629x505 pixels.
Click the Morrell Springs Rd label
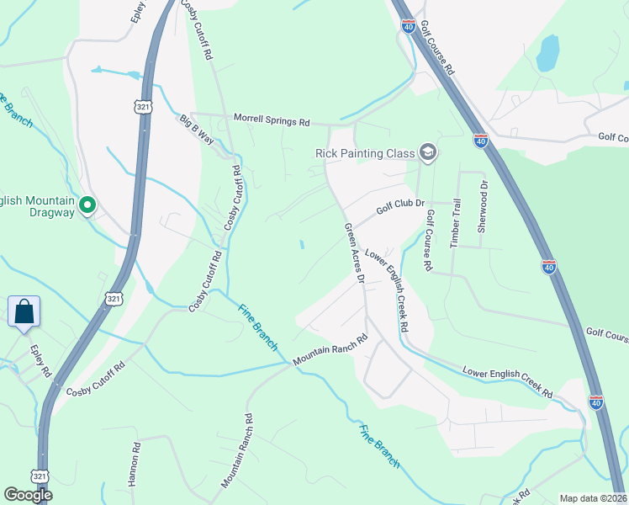(x=272, y=120)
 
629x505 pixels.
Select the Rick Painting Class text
(x=365, y=153)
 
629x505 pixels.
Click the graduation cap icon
(x=428, y=152)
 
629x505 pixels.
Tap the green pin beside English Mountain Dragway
(x=87, y=205)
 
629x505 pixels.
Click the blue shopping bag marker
(x=24, y=311)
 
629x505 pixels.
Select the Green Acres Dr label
(x=354, y=252)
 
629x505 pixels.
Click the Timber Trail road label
(x=455, y=221)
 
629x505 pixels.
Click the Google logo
(x=28, y=495)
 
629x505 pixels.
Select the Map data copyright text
(x=593, y=498)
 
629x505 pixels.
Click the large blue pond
(x=548, y=52)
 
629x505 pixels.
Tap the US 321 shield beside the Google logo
(x=40, y=476)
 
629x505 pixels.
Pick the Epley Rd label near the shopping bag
(x=40, y=360)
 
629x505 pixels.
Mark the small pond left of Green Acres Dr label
(x=302, y=245)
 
